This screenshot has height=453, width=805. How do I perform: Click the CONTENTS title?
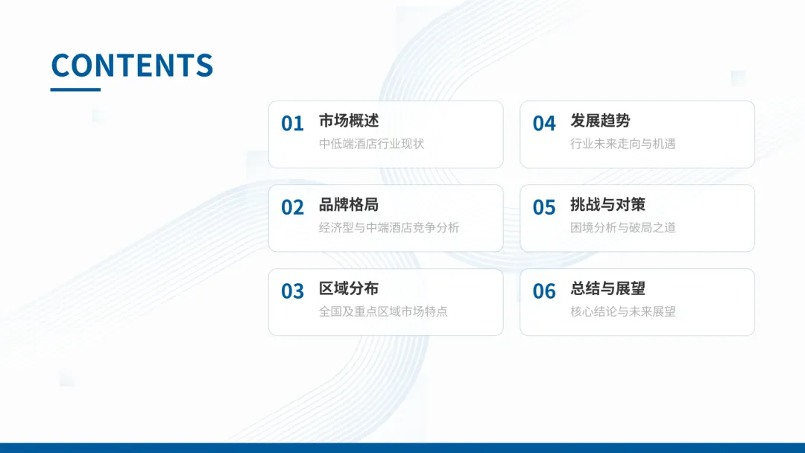[132, 66]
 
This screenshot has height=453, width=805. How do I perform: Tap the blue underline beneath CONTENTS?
[75, 89]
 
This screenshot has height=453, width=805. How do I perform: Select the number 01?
[292, 124]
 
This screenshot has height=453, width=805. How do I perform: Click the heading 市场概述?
[349, 121]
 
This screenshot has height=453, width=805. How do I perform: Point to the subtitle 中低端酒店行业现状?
[371, 144]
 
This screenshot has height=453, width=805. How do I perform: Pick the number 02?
[292, 208]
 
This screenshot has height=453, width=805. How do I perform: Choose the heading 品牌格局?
[349, 205]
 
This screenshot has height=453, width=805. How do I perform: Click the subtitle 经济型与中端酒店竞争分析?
[389, 228]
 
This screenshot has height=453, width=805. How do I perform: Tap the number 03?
[292, 291]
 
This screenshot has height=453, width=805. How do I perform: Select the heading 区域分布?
[349, 288]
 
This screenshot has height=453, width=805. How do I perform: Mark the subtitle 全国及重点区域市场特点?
[383, 311]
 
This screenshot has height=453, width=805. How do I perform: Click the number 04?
[544, 124]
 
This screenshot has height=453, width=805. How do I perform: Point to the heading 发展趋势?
[600, 121]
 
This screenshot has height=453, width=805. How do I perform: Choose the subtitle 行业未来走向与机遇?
[622, 144]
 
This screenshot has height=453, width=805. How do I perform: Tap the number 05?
[544, 208]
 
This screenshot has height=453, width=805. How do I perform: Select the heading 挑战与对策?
[607, 205]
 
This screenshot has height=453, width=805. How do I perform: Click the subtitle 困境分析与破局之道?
[622, 228]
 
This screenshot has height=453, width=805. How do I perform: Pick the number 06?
[544, 291]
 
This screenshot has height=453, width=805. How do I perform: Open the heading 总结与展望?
[607, 288]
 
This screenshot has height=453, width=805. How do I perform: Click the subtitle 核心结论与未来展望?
[622, 311]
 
